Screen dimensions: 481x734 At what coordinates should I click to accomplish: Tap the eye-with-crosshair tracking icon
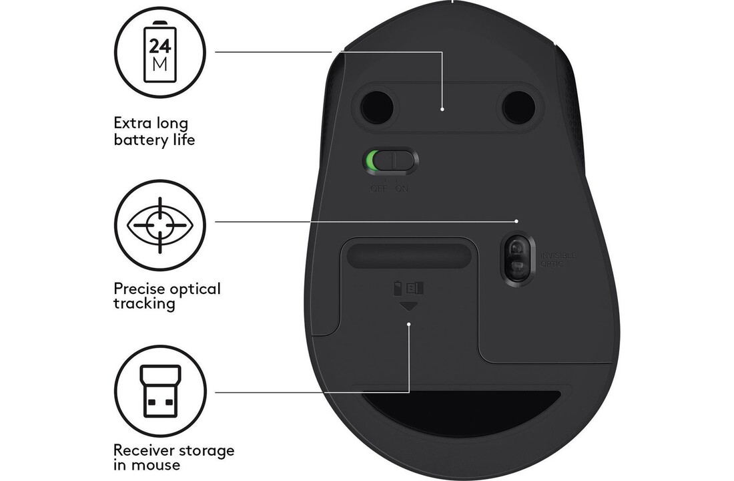(x=161, y=225)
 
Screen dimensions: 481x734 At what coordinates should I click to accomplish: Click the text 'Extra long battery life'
(x=154, y=132)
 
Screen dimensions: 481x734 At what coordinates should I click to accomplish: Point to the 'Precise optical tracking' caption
(x=167, y=296)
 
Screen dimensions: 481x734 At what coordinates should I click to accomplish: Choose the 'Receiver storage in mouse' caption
(x=173, y=458)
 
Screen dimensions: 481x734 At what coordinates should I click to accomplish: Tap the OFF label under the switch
(x=378, y=188)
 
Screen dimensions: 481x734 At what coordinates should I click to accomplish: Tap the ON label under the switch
(x=402, y=188)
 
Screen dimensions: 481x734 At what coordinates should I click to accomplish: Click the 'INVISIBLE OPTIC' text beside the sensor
(x=557, y=260)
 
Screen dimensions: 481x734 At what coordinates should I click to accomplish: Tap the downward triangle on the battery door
(x=408, y=306)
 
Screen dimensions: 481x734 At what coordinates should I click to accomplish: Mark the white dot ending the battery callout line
(x=443, y=108)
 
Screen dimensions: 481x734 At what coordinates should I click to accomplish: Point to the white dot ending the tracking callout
(x=518, y=220)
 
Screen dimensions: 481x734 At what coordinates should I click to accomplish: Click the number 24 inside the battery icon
(x=160, y=46)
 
